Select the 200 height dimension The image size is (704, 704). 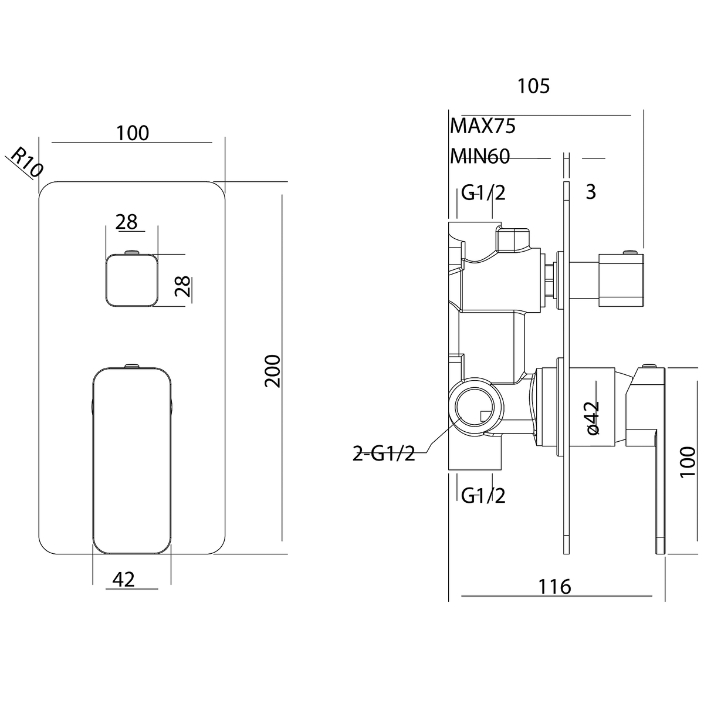(x=273, y=371)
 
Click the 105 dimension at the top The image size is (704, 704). (x=533, y=86)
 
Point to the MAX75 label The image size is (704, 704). (x=483, y=126)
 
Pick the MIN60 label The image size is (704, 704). (x=480, y=157)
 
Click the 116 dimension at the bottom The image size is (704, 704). (x=554, y=587)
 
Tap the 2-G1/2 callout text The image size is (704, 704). (x=384, y=453)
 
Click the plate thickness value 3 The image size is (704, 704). (x=591, y=192)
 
